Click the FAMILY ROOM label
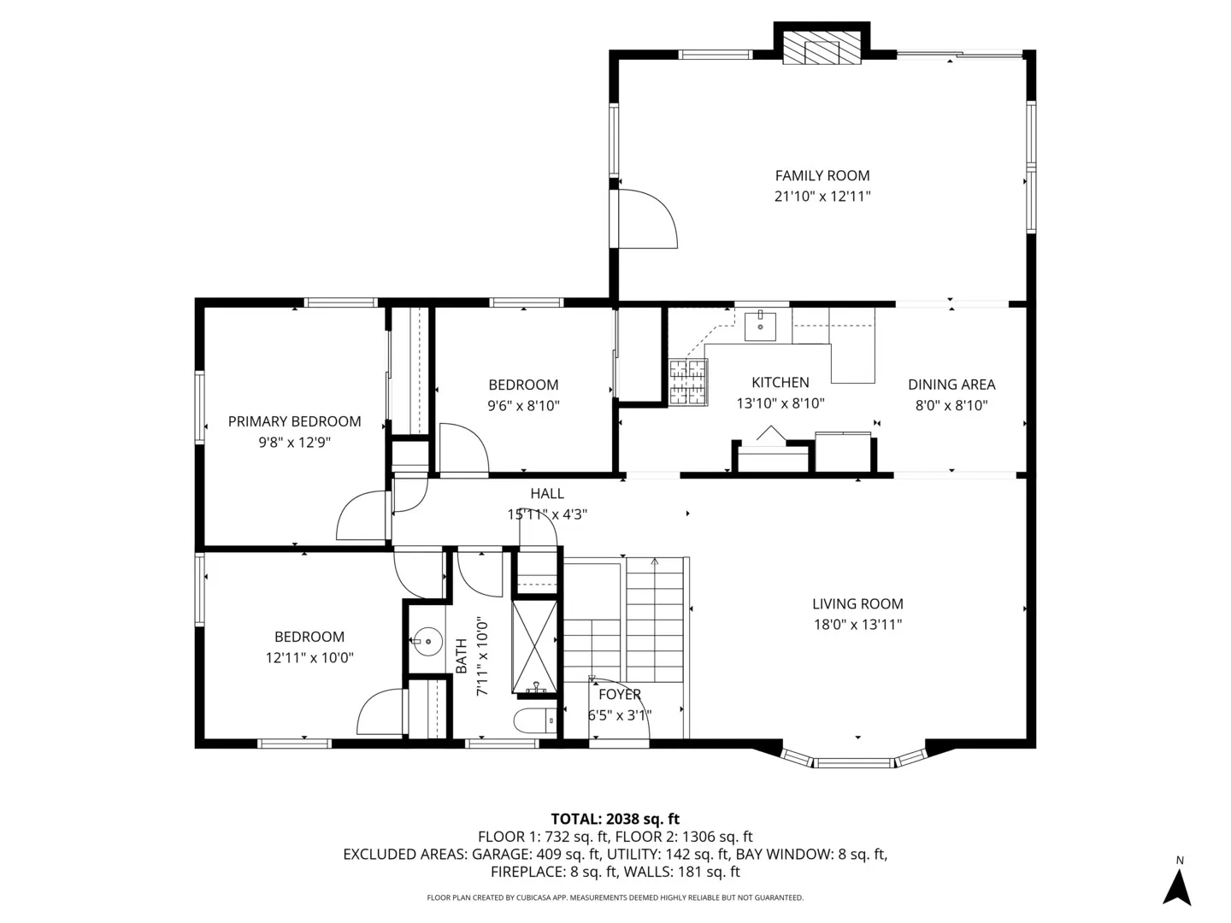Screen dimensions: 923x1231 point(822,175)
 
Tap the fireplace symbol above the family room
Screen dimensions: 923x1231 point(822,50)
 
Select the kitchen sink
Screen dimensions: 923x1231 point(760,325)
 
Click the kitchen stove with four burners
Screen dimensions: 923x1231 point(688,381)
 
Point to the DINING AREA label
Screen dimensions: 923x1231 point(951,385)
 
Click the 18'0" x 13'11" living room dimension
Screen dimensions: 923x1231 point(857,625)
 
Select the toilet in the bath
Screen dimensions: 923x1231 point(533,720)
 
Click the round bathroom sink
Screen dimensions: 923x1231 point(425,639)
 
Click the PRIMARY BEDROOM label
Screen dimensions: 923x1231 point(294,421)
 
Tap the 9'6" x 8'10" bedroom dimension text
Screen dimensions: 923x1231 point(523,406)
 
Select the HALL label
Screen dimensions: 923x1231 point(547,493)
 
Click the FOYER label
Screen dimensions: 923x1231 point(619,695)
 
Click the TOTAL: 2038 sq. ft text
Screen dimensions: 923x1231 point(615,819)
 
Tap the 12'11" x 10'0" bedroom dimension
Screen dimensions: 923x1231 point(309,658)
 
